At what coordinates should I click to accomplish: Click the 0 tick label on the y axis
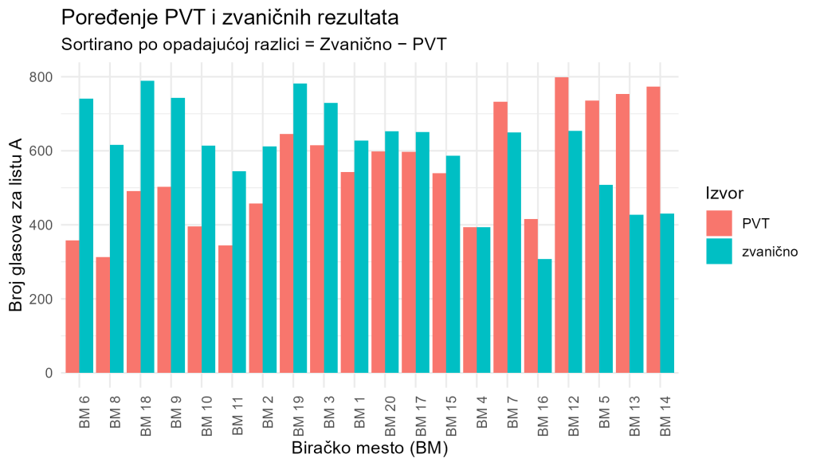49,373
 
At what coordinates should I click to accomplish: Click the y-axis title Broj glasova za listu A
15,225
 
